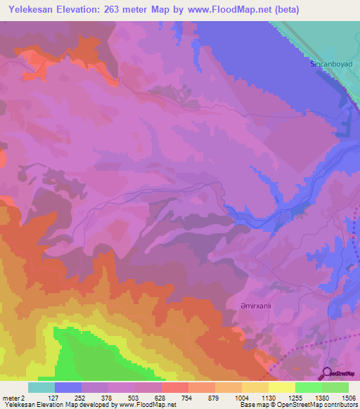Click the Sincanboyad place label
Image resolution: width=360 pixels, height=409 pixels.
tap(330, 64)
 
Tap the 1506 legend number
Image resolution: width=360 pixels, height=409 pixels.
tap(347, 398)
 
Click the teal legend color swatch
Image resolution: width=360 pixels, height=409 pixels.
tap(41, 387)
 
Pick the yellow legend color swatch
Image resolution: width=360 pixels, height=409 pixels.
tap(282, 387)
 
